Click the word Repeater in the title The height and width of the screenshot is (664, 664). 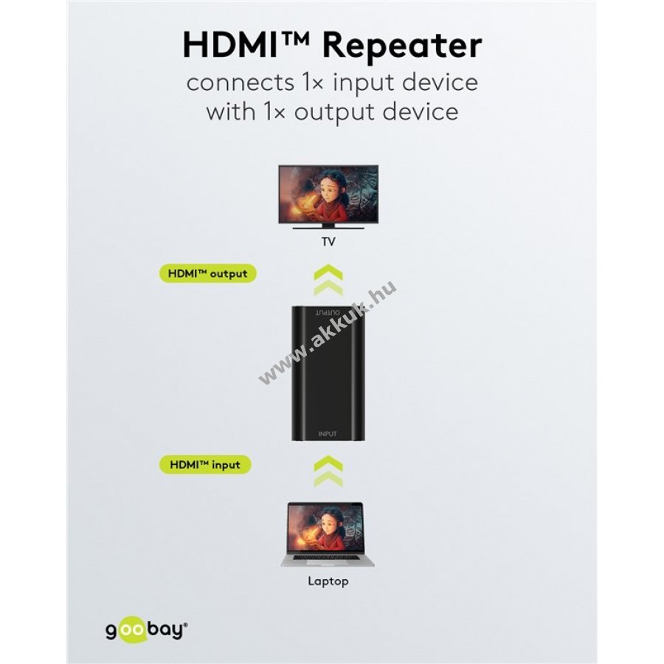[x=402, y=46]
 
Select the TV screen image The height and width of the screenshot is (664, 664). [x=328, y=193]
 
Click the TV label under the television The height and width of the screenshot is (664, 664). [x=328, y=242]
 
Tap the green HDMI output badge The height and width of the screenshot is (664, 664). [x=207, y=274]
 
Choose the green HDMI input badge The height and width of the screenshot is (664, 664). [x=205, y=465]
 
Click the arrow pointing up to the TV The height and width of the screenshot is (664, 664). [x=328, y=280]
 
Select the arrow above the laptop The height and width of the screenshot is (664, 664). [x=328, y=471]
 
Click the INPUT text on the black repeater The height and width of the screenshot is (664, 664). [x=328, y=434]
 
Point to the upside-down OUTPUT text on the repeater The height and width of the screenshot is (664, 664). [x=328, y=313]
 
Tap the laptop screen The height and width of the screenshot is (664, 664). [x=325, y=528]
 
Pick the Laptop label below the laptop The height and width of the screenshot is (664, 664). [x=328, y=581]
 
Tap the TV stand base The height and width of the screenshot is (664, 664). [x=328, y=227]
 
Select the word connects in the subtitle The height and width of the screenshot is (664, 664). [x=240, y=83]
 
